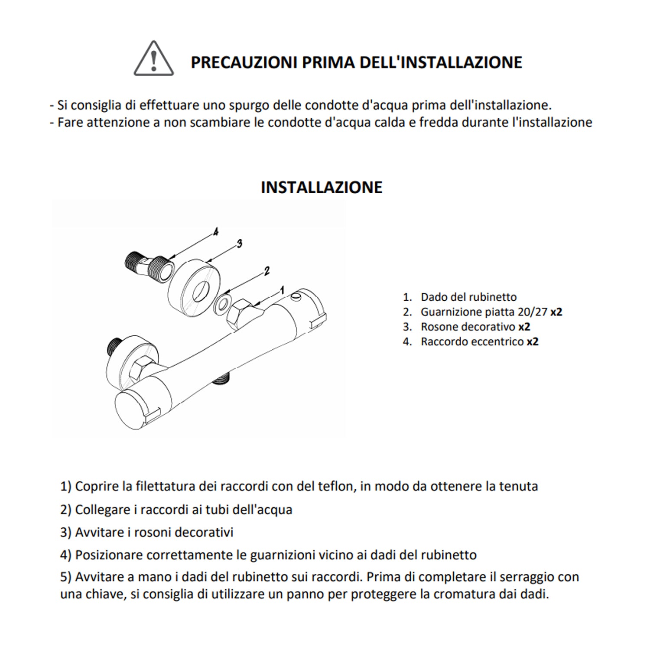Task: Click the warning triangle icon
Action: coord(153,59)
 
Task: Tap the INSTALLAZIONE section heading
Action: coord(322,187)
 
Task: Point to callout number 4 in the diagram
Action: coord(215,232)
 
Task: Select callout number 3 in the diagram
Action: coord(239,244)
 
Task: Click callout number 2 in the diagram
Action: coord(266,271)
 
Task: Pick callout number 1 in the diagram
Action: coord(282,289)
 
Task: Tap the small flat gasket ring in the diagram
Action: coord(221,304)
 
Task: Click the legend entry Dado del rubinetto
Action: coord(468,297)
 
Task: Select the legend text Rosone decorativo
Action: coord(468,327)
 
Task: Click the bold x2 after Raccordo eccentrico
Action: coord(533,341)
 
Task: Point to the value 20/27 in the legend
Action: coord(532,312)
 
